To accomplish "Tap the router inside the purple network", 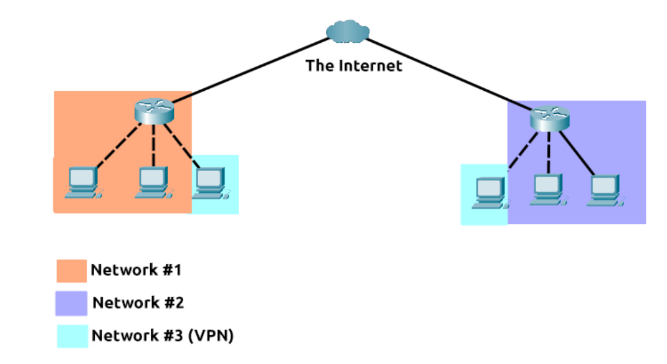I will (x=549, y=119).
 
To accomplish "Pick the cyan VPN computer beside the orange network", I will (x=211, y=182).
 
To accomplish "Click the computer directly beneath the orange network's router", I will (x=153, y=182).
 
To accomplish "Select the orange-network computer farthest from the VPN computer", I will (x=84, y=182).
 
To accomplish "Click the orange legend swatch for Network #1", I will (x=71, y=271).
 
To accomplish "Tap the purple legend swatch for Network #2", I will (x=71, y=303).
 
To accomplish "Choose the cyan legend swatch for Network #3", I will (x=71, y=336).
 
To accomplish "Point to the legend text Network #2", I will (x=138, y=303).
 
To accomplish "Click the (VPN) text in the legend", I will (x=211, y=336).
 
